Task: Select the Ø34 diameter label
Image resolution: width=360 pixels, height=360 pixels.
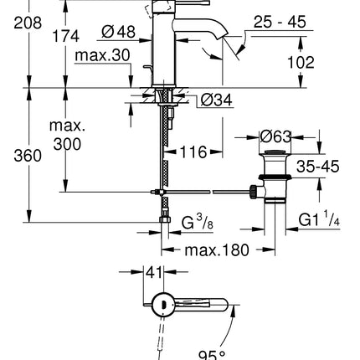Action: [x=214, y=102]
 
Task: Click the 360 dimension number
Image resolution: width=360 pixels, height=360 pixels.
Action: [x=16, y=157]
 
